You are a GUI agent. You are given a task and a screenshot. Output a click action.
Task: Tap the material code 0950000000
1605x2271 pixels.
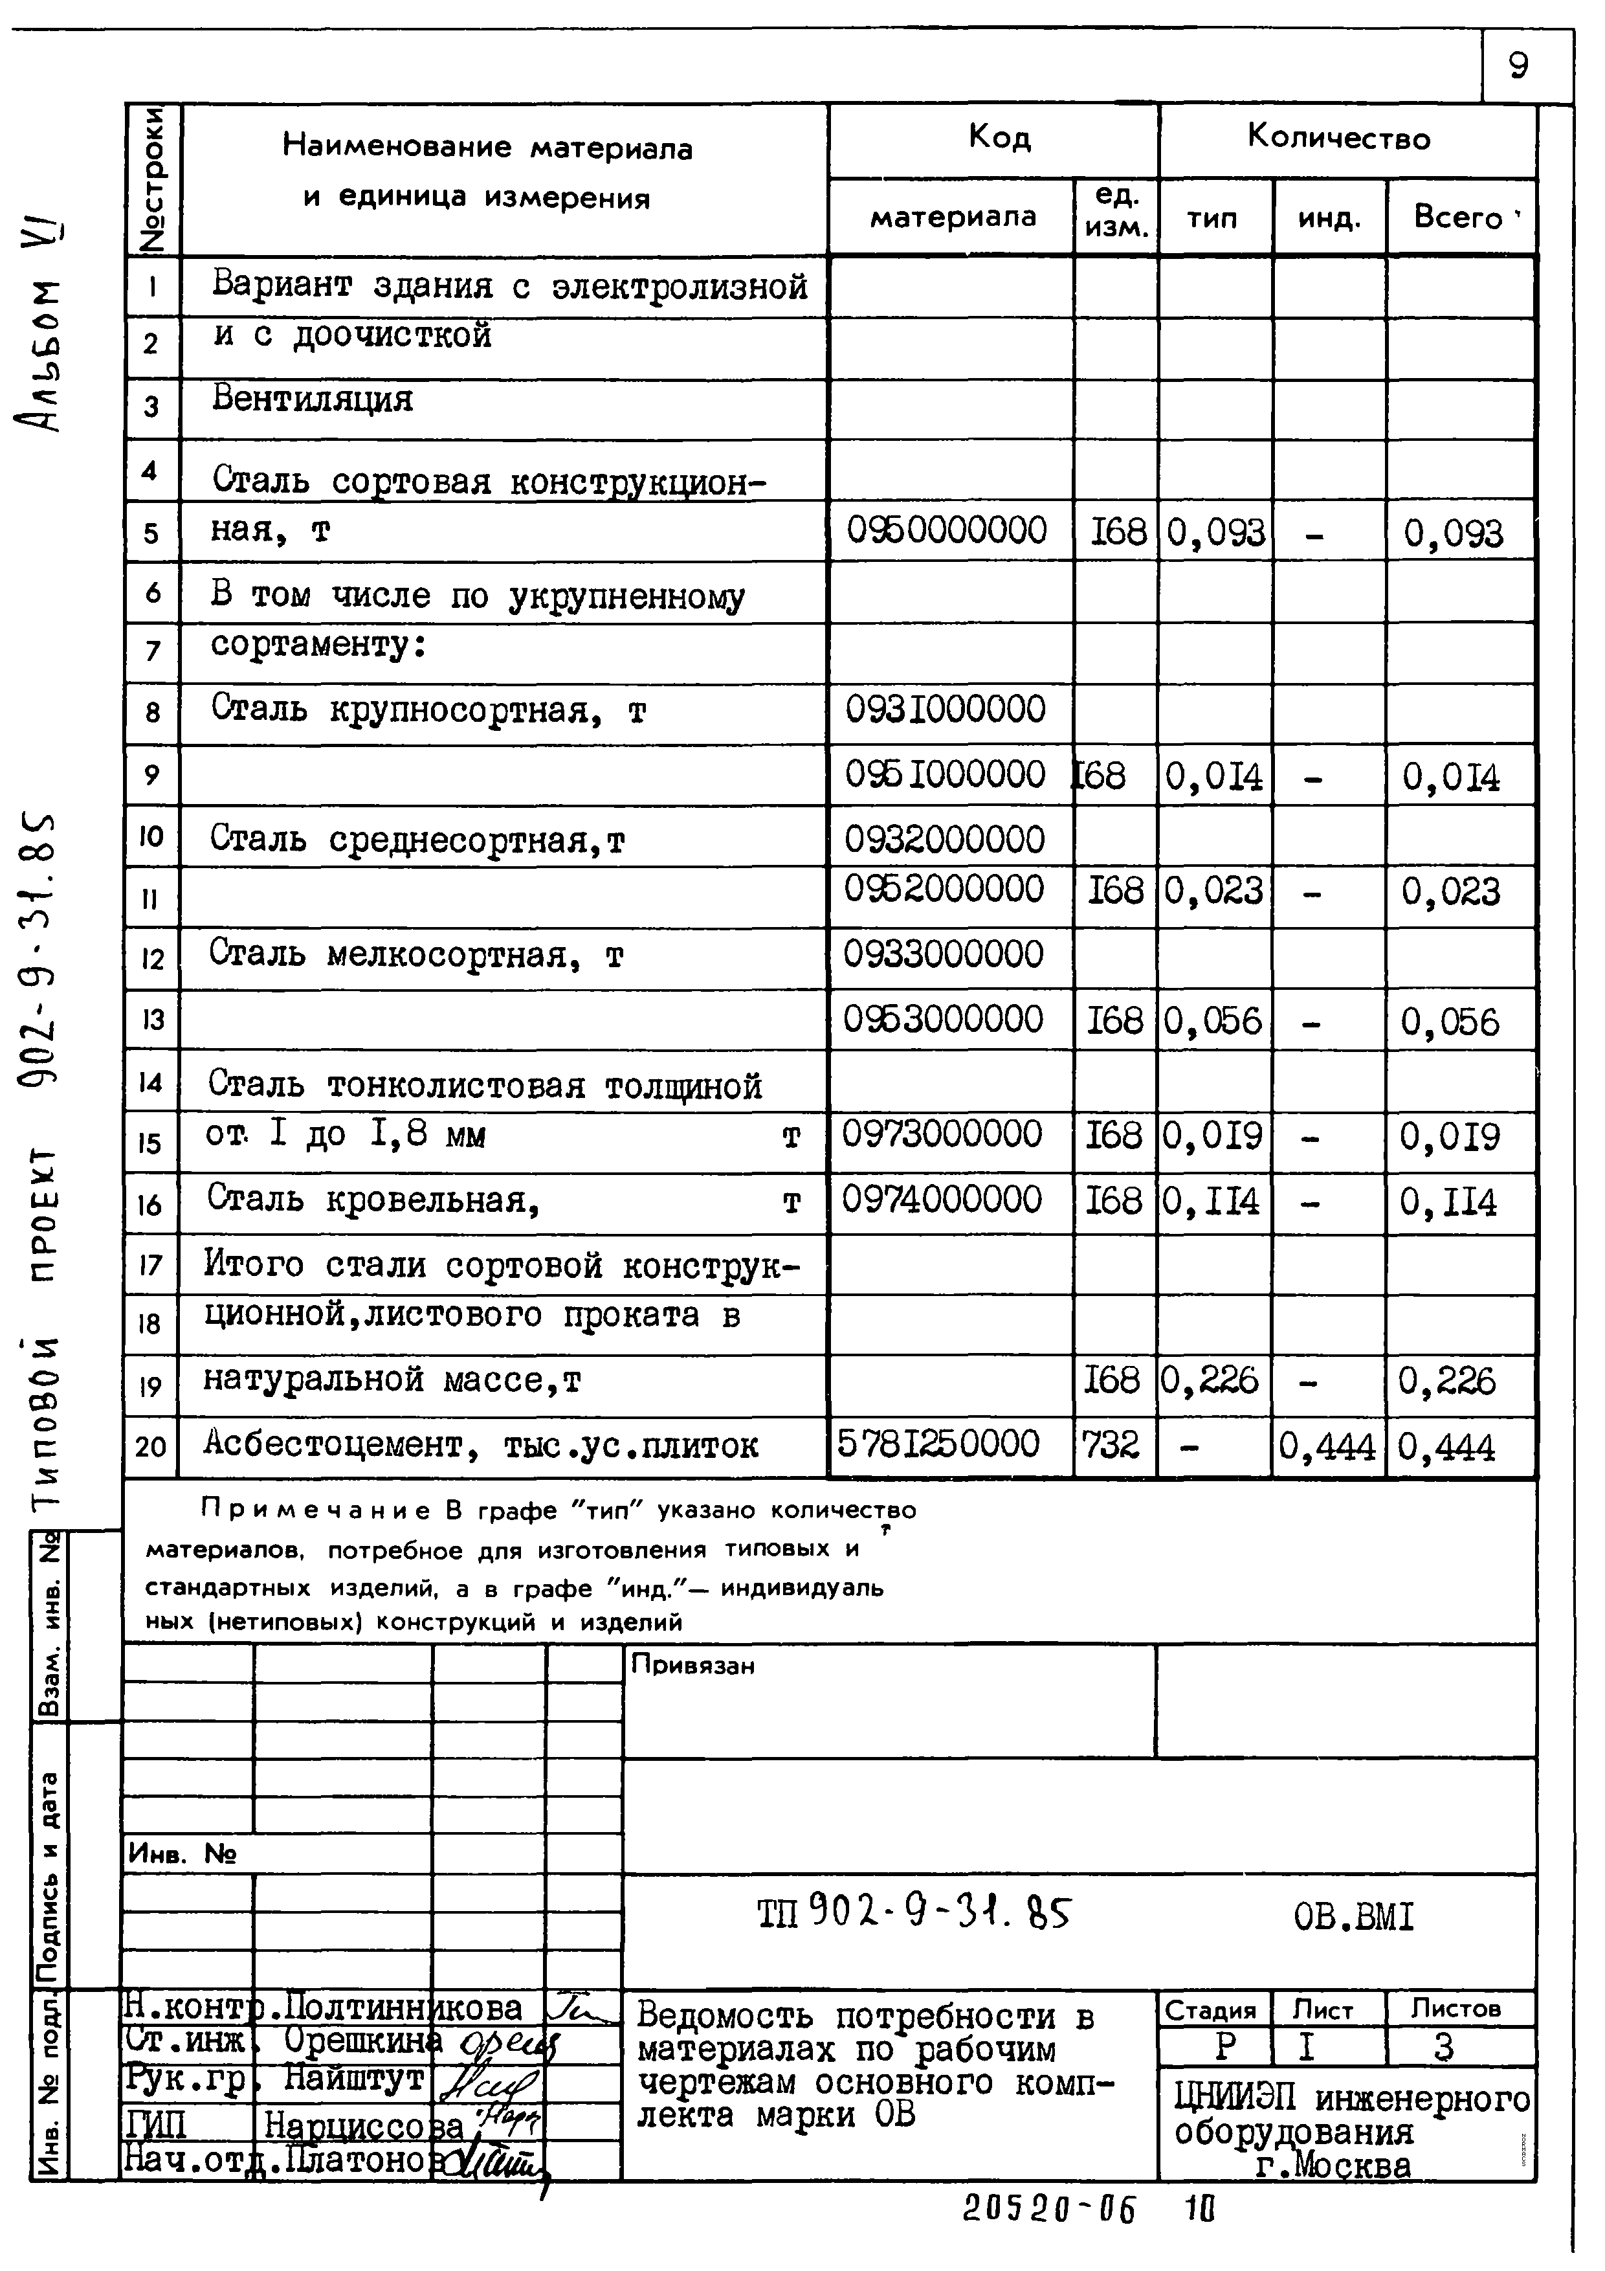point(946,531)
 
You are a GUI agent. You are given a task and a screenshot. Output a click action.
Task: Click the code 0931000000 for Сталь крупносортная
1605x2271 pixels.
point(944,710)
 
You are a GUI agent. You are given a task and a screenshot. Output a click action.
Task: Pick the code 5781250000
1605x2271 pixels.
point(938,1444)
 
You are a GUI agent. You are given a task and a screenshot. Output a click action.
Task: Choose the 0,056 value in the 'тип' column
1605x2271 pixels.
point(1212,1021)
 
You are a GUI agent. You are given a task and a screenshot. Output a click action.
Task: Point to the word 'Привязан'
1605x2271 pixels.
point(692,1666)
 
